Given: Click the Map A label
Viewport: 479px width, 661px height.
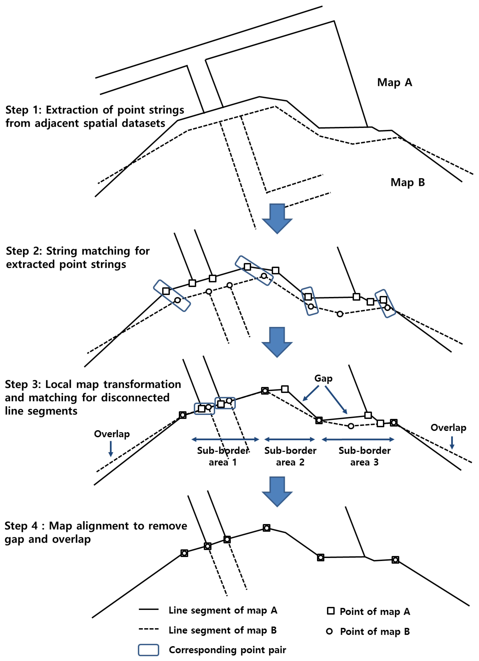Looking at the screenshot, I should pos(394,83).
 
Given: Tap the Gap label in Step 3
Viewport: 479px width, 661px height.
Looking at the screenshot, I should pos(323,378).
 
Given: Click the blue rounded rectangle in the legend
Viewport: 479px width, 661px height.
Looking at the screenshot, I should pos(148,650).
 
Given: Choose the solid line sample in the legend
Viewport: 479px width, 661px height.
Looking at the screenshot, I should pos(148,609).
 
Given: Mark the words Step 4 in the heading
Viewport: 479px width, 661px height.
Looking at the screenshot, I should pos(21,526).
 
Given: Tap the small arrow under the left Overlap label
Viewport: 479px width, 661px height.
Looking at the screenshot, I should pos(111,449).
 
